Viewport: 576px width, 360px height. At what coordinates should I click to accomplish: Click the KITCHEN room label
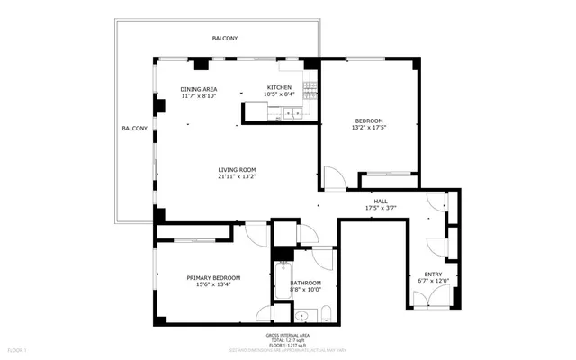(278, 87)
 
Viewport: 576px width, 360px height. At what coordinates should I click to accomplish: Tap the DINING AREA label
(199, 89)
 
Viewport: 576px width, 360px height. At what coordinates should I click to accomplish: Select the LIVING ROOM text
(237, 170)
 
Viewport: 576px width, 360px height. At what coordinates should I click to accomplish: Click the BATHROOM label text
(306, 283)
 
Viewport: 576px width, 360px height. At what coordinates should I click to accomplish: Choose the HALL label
(381, 202)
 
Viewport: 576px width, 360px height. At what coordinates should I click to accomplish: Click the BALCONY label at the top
(225, 39)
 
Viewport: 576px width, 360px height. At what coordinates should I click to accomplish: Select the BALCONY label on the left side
(134, 129)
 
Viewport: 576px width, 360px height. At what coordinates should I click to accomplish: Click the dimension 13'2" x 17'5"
(369, 128)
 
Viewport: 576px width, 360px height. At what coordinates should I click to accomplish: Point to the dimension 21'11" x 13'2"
(237, 177)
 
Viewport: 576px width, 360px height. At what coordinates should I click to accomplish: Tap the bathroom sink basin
(303, 315)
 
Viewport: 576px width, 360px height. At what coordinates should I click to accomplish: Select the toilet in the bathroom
(326, 314)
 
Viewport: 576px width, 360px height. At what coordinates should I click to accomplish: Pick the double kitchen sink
(292, 112)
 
